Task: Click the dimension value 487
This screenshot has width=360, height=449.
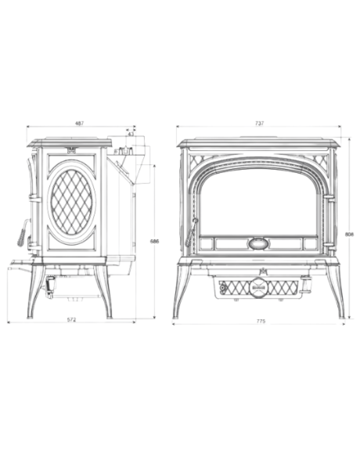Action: [80, 124]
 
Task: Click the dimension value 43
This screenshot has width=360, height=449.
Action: [131, 135]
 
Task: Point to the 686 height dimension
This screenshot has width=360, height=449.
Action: [155, 241]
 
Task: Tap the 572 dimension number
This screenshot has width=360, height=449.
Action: [70, 320]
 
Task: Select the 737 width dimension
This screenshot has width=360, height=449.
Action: [259, 124]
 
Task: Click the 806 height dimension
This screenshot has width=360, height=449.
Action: [349, 232]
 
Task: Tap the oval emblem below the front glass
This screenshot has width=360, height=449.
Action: [258, 242]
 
